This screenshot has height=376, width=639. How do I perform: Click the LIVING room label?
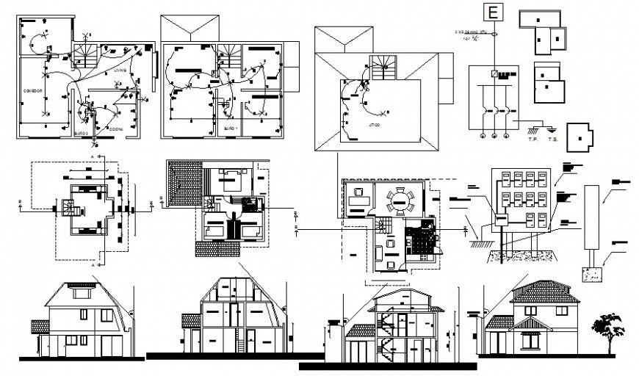(120, 70)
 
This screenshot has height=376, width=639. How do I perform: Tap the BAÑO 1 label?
(229, 129)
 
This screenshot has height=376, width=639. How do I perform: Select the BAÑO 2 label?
(82, 132)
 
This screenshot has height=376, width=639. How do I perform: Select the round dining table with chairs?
(400, 200)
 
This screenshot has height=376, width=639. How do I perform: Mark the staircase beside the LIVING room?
(85, 56)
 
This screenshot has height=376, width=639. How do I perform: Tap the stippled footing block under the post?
(592, 274)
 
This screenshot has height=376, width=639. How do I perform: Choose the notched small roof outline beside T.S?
(582, 137)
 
